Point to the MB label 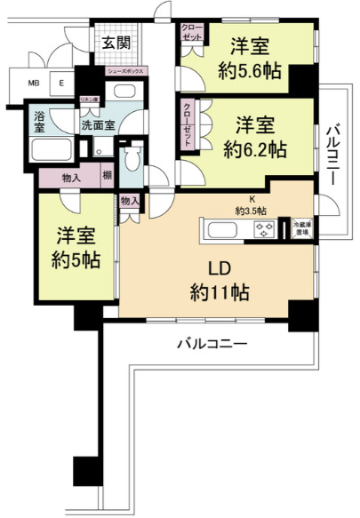tap(34, 84)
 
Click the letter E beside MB tap(61, 84)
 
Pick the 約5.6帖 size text tap(252, 70)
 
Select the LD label tap(214, 268)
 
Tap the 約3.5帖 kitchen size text tap(252, 211)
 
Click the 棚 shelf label tap(107, 176)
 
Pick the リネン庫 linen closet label tap(89, 100)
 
